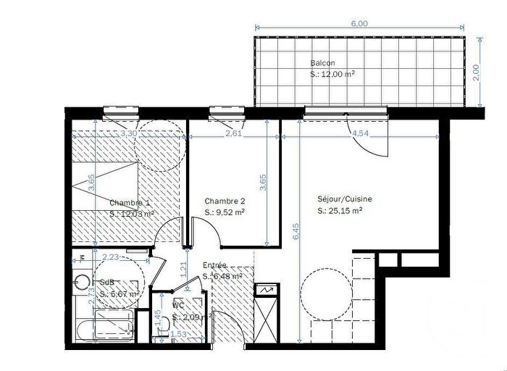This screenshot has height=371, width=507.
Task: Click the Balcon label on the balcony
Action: click(322, 62)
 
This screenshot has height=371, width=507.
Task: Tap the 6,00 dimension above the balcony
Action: click(360, 24)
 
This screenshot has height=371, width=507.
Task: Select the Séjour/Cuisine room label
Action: click(344, 200)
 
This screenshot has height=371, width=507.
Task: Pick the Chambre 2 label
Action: click(225, 201)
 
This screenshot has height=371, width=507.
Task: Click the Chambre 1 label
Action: click(130, 203)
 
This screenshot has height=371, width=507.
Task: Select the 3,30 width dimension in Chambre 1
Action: click(128, 134)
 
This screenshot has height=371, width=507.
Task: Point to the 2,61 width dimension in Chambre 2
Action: click(233, 134)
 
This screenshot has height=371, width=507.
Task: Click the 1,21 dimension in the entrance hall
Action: click(183, 269)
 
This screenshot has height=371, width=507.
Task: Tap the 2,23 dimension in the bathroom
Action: click(111, 257)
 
